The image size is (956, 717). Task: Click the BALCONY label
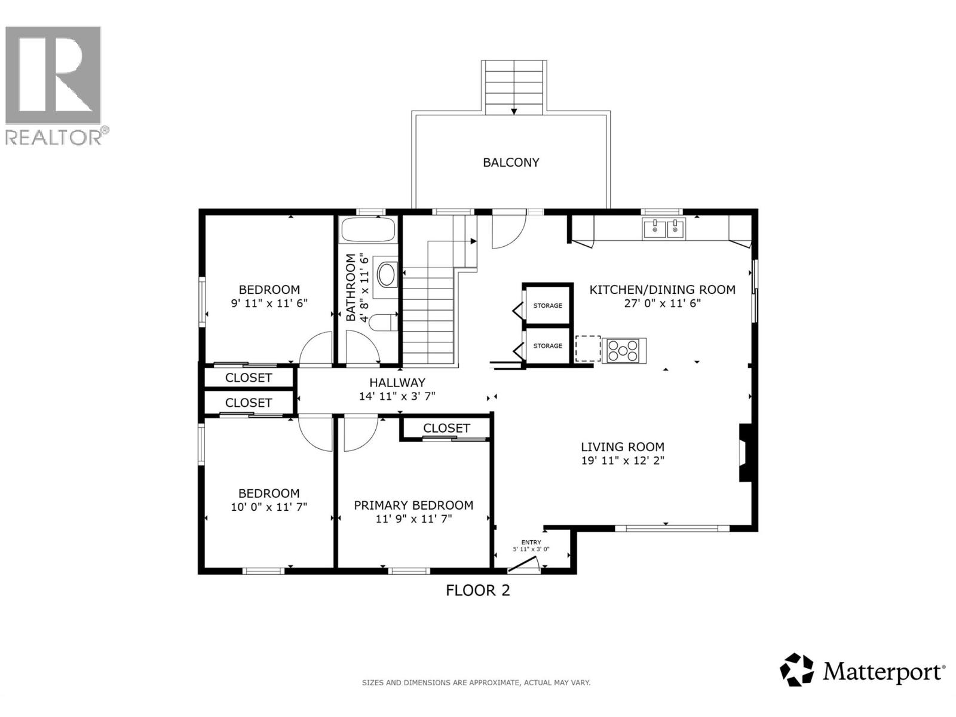[511, 163]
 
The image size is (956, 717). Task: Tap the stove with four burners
[623, 350]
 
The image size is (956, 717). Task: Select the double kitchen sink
[664, 229]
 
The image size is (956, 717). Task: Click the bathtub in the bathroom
[367, 230]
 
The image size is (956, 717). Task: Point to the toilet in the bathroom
[383, 323]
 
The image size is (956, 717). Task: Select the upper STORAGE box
[547, 305]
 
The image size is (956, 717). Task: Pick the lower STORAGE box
[547, 345]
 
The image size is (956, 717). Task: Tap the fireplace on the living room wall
[746, 452]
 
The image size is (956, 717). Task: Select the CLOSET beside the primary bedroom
[446, 428]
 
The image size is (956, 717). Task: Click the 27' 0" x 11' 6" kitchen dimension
[662, 303]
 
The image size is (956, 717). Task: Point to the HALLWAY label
[397, 382]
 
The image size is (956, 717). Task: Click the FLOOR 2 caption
[478, 590]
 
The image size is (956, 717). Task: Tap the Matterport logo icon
[797, 670]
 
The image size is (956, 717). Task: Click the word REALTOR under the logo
[54, 137]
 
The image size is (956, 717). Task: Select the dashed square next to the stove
[588, 348]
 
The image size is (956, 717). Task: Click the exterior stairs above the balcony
[514, 87]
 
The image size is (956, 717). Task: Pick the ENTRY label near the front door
[531, 543]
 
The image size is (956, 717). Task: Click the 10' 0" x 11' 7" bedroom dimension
[269, 507]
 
